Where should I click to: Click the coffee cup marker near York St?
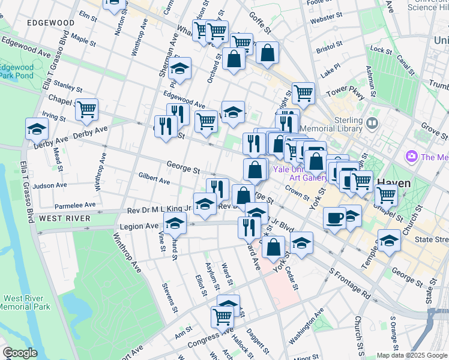pyautogui.click(x=334, y=218)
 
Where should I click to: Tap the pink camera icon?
pyautogui.click(x=412, y=157)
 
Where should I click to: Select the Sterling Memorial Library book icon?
pyautogui.click(x=372, y=124)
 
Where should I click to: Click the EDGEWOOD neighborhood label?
pyautogui.click(x=50, y=23)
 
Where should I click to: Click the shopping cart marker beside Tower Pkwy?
pyautogui.click(x=304, y=93)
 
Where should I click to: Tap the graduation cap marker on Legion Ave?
pyautogui.click(x=175, y=224)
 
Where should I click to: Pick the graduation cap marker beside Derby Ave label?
pyautogui.click(x=37, y=129)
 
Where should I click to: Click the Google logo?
pyautogui.click(x=20, y=353)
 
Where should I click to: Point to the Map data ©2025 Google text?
pyautogui.click(x=412, y=355)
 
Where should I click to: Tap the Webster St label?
pyautogui.click(x=326, y=19)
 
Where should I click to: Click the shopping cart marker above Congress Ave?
pyautogui.click(x=222, y=316)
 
